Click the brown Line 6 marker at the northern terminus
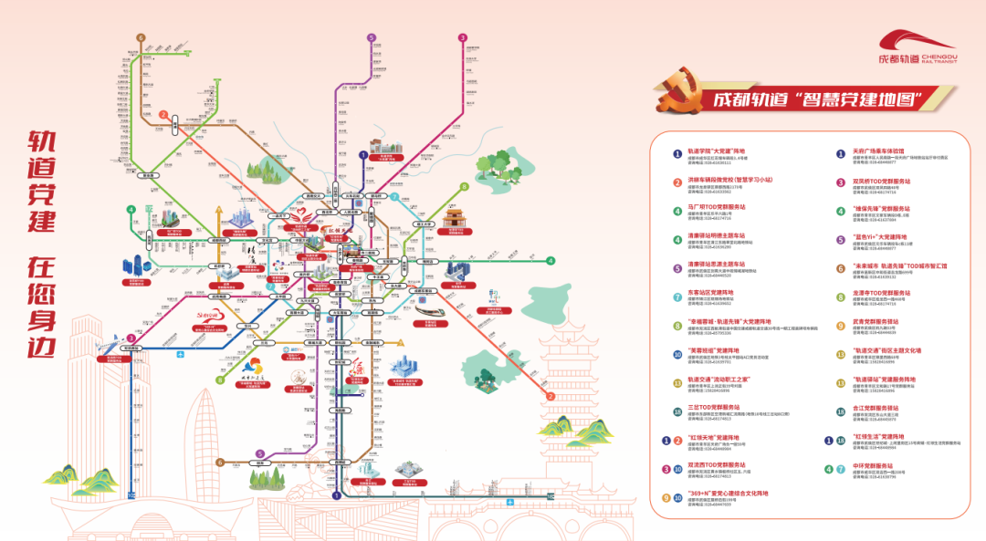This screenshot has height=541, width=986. tap(141, 37)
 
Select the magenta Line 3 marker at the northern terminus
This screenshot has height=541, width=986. tap(463, 37)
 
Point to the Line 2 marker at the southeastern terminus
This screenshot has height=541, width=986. tap(551, 397)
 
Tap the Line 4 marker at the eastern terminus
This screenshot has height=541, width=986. tap(551, 260)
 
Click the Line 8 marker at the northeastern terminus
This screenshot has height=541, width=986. tap(464, 186)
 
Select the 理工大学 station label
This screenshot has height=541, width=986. tap(424, 223)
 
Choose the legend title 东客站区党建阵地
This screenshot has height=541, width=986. tap(710, 293)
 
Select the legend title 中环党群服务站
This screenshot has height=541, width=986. tap(873, 465)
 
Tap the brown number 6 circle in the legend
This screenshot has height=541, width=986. tap(841, 267)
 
